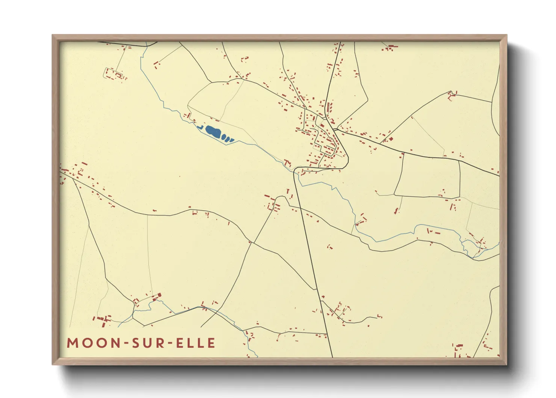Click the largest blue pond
(213, 132)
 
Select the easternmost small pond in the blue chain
(232, 140)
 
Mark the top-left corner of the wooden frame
(53, 35)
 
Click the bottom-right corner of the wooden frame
(506, 364)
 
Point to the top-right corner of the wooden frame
(506, 35)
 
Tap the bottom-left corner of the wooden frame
(53, 364)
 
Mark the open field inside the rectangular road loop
(428, 175)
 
